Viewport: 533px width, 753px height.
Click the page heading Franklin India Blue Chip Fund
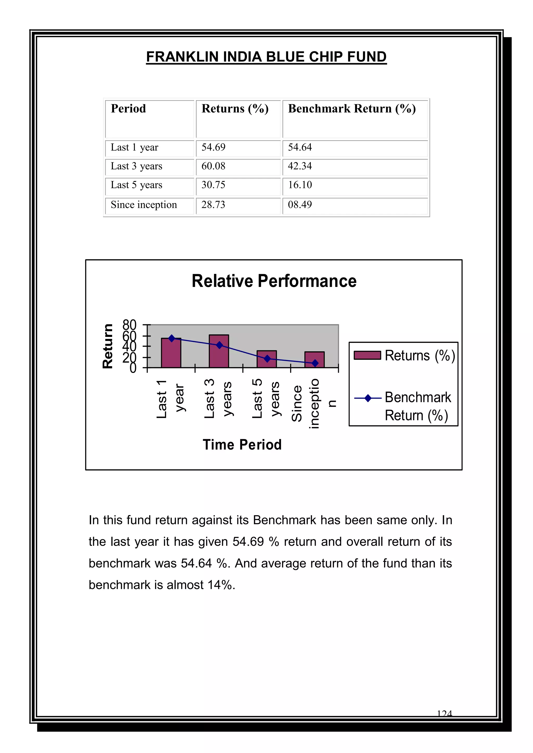(x=266, y=57)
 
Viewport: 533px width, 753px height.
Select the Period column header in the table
(x=128, y=108)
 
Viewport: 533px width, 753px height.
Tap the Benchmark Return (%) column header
(x=352, y=108)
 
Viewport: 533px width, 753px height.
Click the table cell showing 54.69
(x=213, y=147)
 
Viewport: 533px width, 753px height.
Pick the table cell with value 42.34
(x=300, y=166)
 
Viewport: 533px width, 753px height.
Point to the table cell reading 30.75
(x=213, y=185)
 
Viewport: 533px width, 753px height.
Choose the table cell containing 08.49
(x=300, y=205)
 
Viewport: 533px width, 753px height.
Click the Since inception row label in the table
(x=144, y=205)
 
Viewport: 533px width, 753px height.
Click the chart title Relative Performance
(x=274, y=281)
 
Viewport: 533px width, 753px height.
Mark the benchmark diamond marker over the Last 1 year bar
(x=171, y=338)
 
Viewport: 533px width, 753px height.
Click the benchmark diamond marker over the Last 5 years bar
(x=267, y=359)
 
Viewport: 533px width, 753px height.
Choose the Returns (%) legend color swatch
(x=367, y=356)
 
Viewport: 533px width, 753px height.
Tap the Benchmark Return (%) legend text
(x=417, y=406)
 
